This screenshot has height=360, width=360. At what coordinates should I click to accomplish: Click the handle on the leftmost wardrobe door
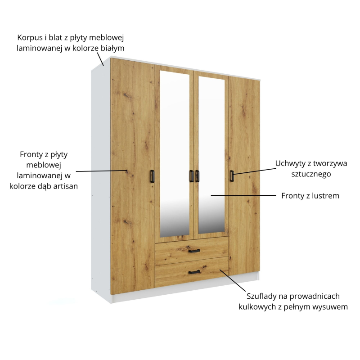[x=152, y=176]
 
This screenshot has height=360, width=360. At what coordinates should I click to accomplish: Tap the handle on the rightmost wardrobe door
[x=232, y=176]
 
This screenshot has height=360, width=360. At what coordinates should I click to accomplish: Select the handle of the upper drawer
[x=194, y=251]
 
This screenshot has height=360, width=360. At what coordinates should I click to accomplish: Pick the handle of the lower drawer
[x=194, y=272]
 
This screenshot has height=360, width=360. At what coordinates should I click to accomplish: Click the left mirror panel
[x=175, y=153]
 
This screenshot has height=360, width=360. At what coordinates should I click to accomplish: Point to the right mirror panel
[x=211, y=155]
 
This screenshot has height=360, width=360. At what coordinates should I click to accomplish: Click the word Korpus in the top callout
[x=30, y=37]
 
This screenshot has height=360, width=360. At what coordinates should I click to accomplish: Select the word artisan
[x=66, y=186]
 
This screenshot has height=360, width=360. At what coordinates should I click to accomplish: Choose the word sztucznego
[x=311, y=174]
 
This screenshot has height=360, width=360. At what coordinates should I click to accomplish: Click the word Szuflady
[x=262, y=296]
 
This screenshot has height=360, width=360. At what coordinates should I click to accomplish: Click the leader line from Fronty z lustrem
[x=243, y=196]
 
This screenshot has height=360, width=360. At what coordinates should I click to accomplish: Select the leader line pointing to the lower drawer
[x=232, y=280]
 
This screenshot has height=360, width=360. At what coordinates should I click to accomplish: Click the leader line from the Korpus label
[x=100, y=59]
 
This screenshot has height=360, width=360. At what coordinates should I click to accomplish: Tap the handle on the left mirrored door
[x=191, y=176]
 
